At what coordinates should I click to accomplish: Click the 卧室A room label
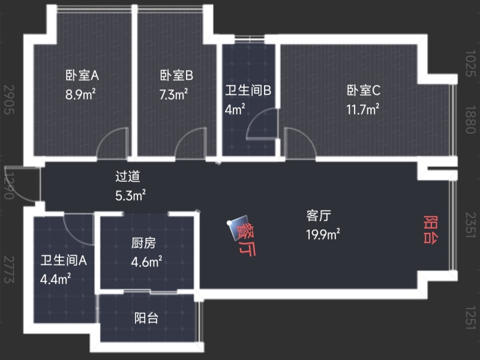(82, 76)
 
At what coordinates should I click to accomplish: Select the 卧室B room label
(176, 76)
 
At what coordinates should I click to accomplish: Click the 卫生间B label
(248, 91)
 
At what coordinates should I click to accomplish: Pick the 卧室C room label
(364, 91)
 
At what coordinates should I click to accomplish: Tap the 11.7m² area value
(364, 109)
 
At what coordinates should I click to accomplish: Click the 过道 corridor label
(128, 177)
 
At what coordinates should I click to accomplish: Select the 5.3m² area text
(130, 195)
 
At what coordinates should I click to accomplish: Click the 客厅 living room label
(319, 216)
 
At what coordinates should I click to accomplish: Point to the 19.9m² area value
(323, 233)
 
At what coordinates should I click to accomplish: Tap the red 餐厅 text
(245, 239)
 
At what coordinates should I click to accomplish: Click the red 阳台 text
(430, 229)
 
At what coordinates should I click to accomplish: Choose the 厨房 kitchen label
(143, 244)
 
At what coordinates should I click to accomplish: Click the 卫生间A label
(64, 261)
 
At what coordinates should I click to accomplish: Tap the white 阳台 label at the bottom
(146, 318)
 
